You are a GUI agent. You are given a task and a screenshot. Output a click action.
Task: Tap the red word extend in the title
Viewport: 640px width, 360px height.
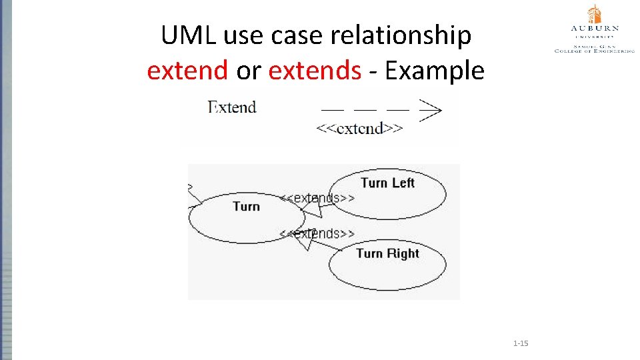click(187, 69)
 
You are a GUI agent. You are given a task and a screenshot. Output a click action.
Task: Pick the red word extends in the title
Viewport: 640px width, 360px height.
click(315, 69)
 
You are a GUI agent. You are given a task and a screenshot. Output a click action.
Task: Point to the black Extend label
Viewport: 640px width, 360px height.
click(232, 107)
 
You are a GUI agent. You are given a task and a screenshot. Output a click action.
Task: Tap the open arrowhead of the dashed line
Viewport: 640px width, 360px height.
click(431, 109)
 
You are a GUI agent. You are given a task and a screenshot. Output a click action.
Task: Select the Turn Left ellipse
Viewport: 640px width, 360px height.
click(387, 193)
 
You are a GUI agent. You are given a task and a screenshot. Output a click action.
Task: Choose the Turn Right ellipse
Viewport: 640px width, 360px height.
click(387, 263)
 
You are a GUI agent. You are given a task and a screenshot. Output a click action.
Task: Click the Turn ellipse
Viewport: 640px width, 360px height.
click(246, 217)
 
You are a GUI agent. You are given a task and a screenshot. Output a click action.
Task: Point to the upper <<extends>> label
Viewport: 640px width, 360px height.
click(317, 198)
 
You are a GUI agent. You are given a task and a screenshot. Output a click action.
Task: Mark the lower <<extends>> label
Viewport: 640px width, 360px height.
click(317, 233)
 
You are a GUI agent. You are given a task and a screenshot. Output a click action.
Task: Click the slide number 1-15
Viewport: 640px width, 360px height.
click(521, 343)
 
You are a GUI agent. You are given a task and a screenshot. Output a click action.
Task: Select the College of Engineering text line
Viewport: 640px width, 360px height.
click(594, 50)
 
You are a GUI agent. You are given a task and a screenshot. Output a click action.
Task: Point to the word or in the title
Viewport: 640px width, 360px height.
click(248, 69)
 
